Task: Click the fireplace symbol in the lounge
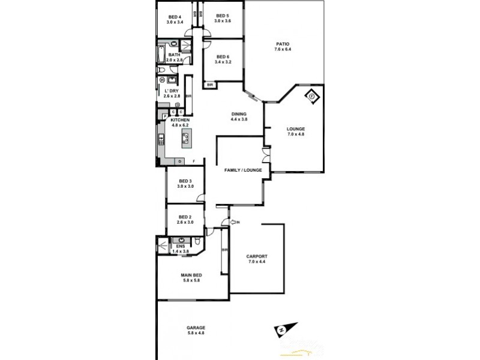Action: (313, 94)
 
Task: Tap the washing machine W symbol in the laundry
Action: (162, 79)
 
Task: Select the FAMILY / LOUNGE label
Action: (244, 170)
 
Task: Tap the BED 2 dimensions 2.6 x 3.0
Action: (185, 223)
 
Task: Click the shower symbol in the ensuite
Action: (163, 244)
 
